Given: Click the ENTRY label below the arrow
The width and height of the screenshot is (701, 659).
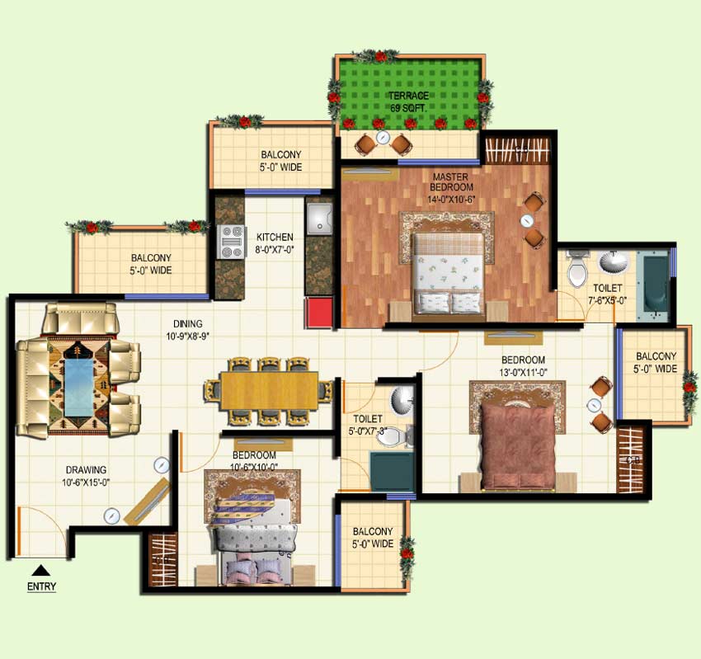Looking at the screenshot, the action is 41,586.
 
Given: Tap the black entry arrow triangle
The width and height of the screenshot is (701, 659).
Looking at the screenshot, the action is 41,570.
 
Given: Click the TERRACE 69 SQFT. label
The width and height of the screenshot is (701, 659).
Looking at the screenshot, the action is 408,101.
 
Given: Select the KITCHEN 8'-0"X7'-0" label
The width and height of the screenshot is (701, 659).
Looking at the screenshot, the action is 275,243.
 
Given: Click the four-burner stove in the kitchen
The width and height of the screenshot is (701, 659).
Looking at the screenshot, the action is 231,242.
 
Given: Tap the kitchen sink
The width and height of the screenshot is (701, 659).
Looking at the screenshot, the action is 319,219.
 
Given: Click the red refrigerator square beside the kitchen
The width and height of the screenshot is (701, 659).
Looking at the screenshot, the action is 319,312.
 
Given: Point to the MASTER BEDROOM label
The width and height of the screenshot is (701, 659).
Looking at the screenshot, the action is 450,188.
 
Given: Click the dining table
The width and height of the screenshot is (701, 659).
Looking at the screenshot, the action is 269,390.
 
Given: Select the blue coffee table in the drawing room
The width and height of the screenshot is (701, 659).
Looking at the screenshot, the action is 79,387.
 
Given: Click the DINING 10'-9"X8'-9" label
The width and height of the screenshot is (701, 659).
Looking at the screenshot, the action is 188,330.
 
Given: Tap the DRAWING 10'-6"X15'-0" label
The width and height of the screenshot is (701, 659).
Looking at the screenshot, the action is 87,476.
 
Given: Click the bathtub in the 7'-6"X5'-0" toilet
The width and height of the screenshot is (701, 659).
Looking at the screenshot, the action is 653,285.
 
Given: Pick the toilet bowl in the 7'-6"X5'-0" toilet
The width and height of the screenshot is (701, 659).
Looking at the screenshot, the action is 576,271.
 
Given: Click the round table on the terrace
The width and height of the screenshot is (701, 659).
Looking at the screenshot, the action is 383,137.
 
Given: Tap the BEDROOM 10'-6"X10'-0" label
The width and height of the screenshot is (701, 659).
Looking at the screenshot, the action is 254,461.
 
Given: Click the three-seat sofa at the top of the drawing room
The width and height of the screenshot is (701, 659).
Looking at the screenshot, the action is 81,318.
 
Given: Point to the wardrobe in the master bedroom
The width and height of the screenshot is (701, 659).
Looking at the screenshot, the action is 516,150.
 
